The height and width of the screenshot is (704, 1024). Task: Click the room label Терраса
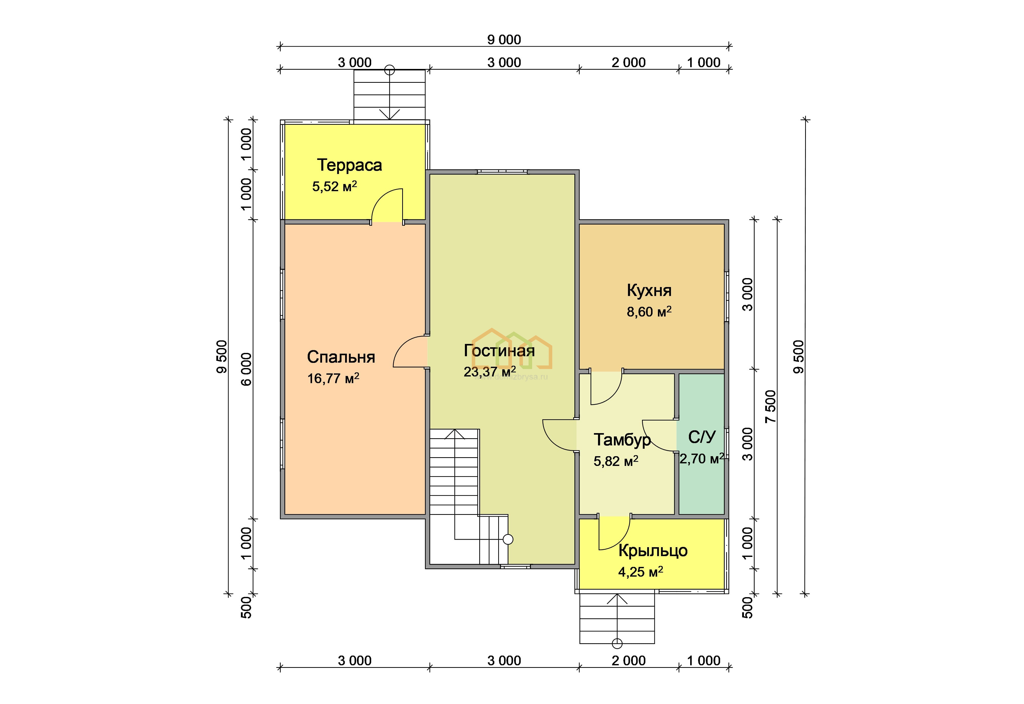point(349,165)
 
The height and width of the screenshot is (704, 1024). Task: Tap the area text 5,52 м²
point(334,187)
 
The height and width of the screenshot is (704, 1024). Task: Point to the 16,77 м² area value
point(333,379)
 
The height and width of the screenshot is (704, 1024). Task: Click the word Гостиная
point(499,351)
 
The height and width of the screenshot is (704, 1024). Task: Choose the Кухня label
point(649,291)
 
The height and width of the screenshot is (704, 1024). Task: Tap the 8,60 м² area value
point(649,312)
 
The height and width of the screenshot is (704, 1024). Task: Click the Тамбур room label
point(622,440)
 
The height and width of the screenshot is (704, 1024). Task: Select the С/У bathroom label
point(702,437)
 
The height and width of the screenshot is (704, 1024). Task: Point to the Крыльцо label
point(653,551)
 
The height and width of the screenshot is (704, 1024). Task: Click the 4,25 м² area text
point(641,572)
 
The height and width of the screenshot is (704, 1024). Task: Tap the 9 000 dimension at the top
point(504,40)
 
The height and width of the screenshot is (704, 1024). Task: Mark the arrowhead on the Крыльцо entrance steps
point(617,599)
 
